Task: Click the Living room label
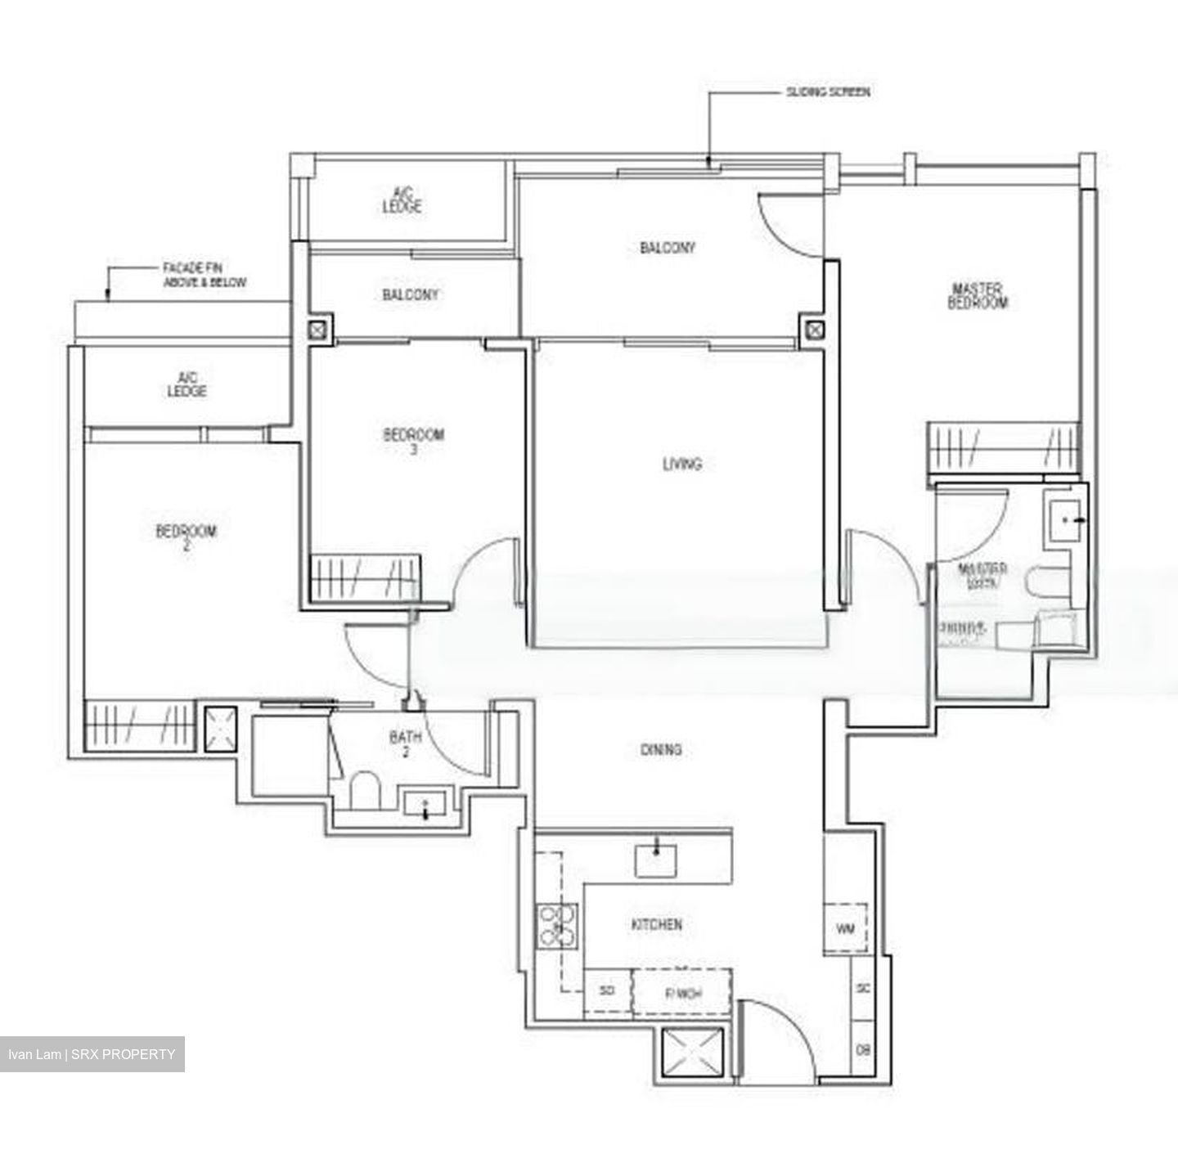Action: pyautogui.click(x=681, y=464)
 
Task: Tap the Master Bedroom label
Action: pyautogui.click(x=978, y=295)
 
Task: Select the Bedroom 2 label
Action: pyautogui.click(x=187, y=537)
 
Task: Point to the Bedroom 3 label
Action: pyautogui.click(x=413, y=440)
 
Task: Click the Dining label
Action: pyautogui.click(x=661, y=749)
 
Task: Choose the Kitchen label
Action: pyautogui.click(x=656, y=924)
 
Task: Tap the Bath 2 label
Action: pyautogui.click(x=405, y=743)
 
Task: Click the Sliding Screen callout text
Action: pyautogui.click(x=828, y=92)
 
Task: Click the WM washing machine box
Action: pyautogui.click(x=845, y=929)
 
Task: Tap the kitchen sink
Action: pyautogui.click(x=656, y=860)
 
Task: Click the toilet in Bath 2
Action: pyautogui.click(x=365, y=792)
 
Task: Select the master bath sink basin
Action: pyautogui.click(x=1065, y=519)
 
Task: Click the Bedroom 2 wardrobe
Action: pyautogui.click(x=139, y=725)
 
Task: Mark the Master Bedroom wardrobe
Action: pyautogui.click(x=1003, y=448)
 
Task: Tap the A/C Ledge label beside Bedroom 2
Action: pyautogui.click(x=187, y=384)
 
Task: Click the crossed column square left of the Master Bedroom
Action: pyautogui.click(x=813, y=330)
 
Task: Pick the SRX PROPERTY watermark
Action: pyautogui.click(x=92, y=1053)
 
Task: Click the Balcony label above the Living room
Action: pyautogui.click(x=667, y=247)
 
